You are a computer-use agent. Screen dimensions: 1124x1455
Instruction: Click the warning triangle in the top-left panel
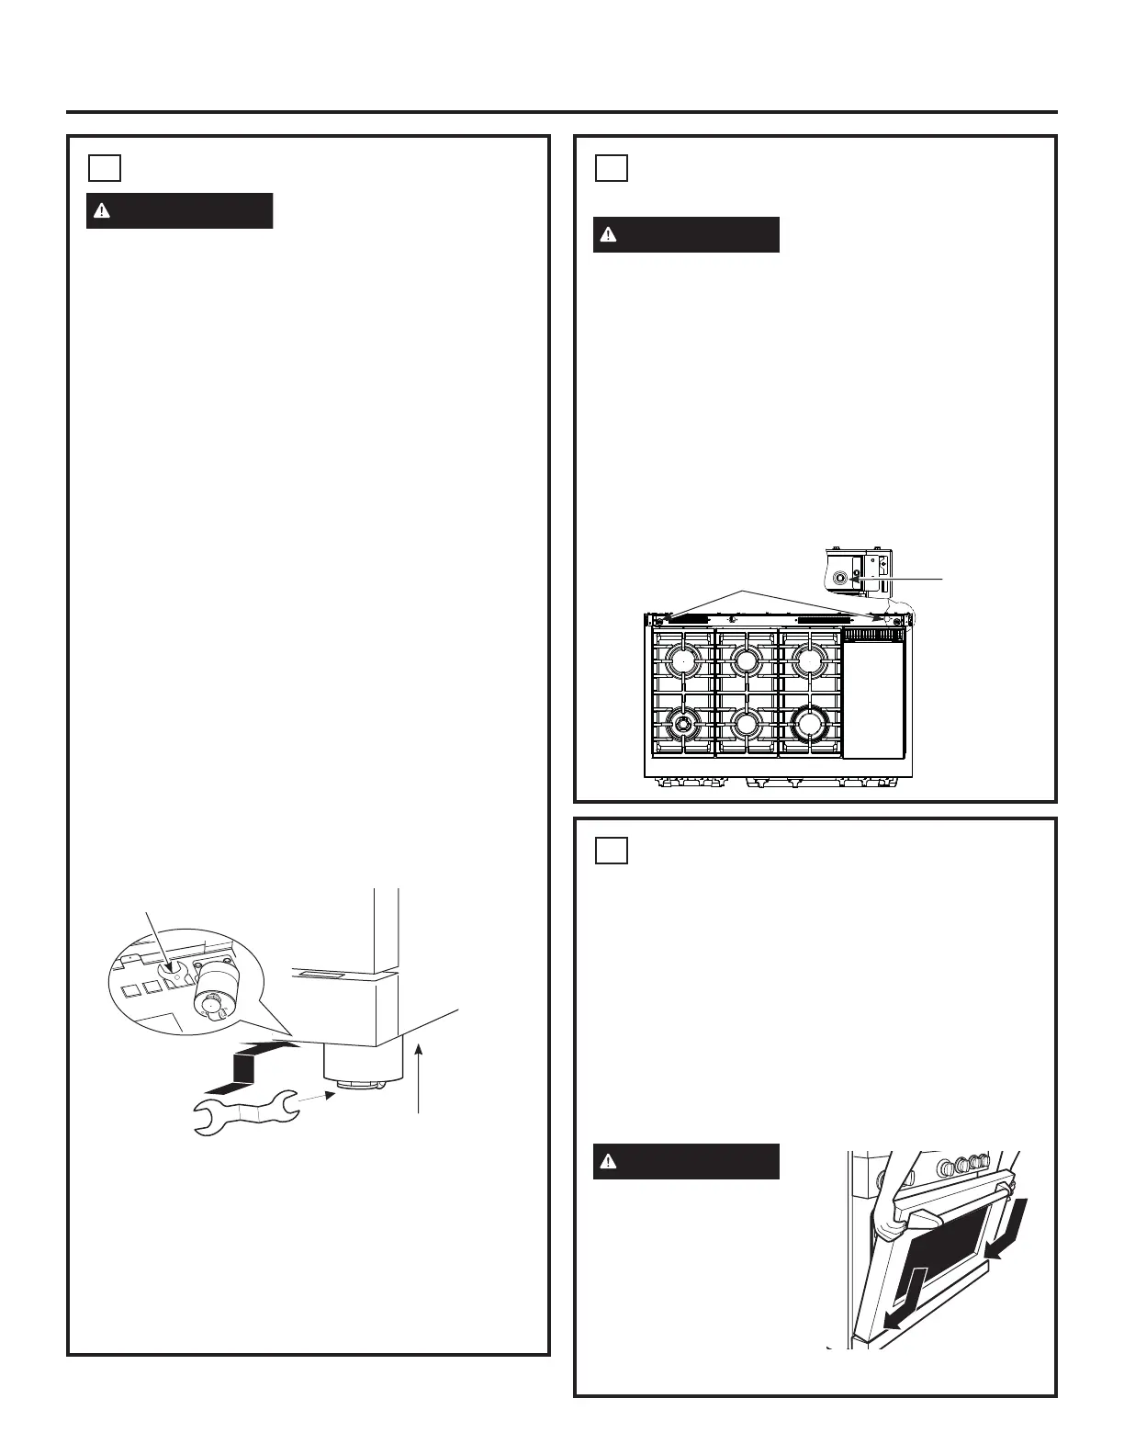tap(102, 211)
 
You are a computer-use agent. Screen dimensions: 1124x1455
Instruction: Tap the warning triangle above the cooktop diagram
tap(608, 235)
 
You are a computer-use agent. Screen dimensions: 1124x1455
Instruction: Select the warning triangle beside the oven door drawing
tap(608, 1162)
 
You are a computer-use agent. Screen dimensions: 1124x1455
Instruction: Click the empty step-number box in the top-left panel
tap(106, 168)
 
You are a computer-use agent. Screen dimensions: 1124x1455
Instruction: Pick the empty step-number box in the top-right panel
tap(612, 168)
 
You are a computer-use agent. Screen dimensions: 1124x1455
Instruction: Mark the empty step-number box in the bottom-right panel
tap(612, 851)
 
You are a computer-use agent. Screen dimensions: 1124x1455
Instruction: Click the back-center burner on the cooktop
tap(747, 660)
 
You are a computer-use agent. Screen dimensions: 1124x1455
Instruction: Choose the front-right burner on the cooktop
tap(809, 725)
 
